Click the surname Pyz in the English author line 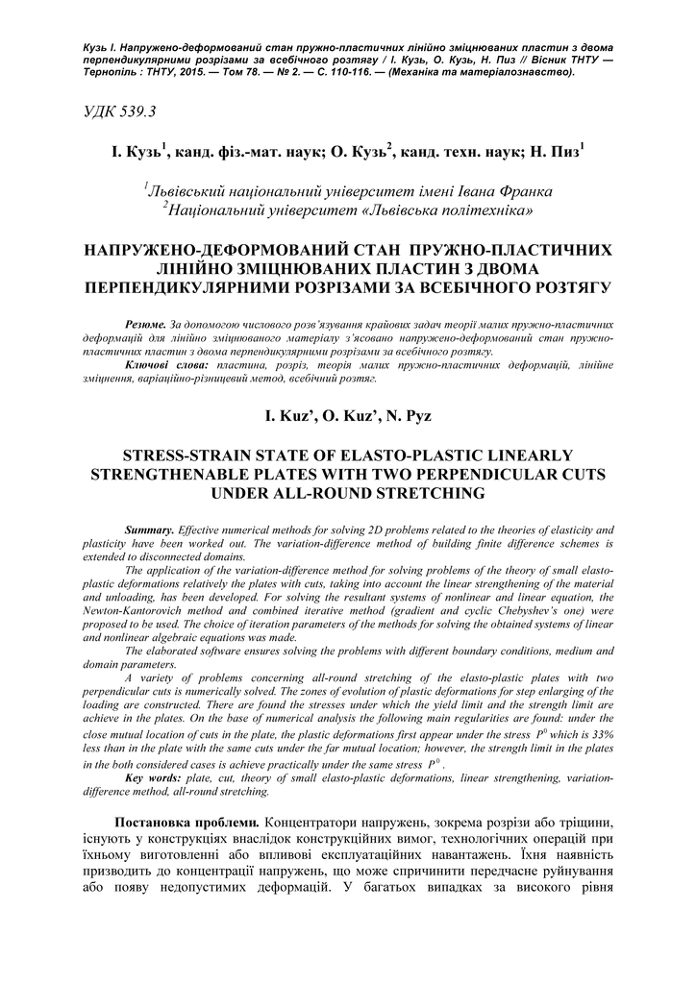417,415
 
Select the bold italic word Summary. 150,530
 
